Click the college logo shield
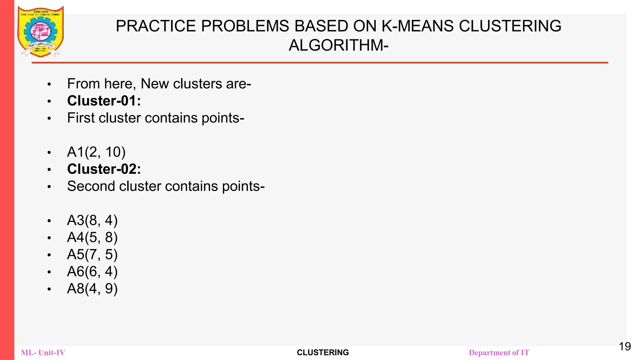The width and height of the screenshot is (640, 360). (41, 31)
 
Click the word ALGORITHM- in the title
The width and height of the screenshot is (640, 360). (338, 45)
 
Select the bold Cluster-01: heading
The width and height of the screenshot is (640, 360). (104, 101)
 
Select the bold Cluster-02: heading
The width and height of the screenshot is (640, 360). (104, 169)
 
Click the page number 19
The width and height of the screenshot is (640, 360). (625, 347)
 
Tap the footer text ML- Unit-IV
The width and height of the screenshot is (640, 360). (43, 353)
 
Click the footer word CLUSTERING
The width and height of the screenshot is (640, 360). (323, 352)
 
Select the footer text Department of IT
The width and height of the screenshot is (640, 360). (499, 353)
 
